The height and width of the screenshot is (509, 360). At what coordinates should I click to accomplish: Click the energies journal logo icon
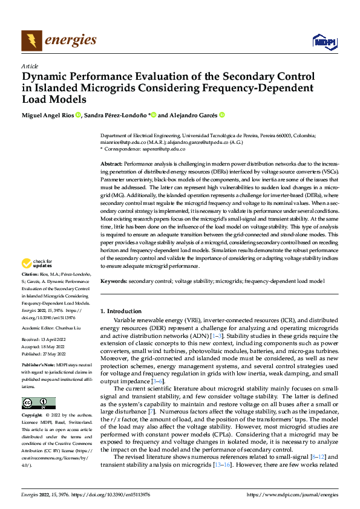click(31, 41)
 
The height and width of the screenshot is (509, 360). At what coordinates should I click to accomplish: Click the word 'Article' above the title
click(30, 65)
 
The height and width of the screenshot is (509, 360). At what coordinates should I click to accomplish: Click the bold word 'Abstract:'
click(111, 164)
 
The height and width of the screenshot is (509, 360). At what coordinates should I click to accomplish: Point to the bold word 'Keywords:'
click(113, 282)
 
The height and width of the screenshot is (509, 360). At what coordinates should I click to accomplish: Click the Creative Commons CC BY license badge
click(38, 403)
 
